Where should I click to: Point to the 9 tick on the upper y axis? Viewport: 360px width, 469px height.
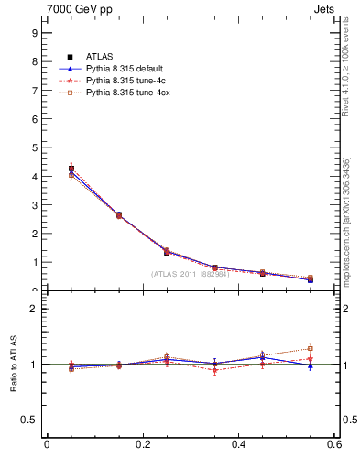[x=34, y=32]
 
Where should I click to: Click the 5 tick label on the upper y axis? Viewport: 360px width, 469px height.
[x=34, y=147]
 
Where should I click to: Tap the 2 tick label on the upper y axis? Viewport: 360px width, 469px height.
[x=34, y=234]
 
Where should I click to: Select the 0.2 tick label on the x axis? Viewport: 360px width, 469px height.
[x=142, y=444]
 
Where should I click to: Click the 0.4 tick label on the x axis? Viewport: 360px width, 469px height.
[x=238, y=444]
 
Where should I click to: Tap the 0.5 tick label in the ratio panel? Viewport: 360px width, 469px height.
[x=29, y=420]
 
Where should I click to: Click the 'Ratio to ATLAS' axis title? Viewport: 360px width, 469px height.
[x=14, y=365]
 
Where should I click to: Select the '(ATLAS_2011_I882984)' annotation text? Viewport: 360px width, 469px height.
[x=190, y=274]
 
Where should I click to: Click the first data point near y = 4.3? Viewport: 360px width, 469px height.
[x=71, y=169]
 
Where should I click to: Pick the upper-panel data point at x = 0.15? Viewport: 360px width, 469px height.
[x=119, y=215]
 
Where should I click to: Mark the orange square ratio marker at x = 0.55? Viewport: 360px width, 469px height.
[x=311, y=348]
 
